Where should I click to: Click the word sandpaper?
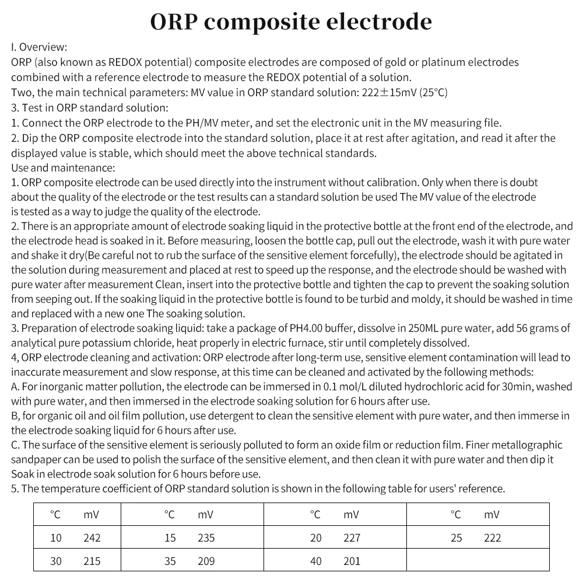(x=37, y=459)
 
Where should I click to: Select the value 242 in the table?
(x=92, y=538)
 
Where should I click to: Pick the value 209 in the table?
(x=206, y=561)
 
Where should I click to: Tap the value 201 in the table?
(x=352, y=561)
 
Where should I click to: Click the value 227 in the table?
(x=352, y=538)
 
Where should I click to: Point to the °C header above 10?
(x=55, y=515)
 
